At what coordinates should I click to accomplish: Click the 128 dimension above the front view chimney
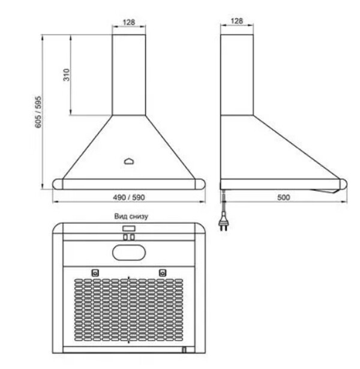pyautogui.click(x=129, y=22)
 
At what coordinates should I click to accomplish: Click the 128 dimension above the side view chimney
pyautogui.click(x=237, y=21)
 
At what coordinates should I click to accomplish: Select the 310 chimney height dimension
pyautogui.click(x=67, y=75)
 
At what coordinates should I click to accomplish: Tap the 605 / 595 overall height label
pyautogui.click(x=38, y=112)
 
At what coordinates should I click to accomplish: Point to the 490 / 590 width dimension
pyautogui.click(x=129, y=197)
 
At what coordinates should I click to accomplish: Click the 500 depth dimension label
pyautogui.click(x=284, y=197)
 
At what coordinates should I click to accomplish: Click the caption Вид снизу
pyautogui.click(x=131, y=216)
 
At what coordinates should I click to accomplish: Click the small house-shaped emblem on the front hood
pyautogui.click(x=129, y=161)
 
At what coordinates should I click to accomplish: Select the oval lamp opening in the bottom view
pyautogui.click(x=129, y=253)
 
